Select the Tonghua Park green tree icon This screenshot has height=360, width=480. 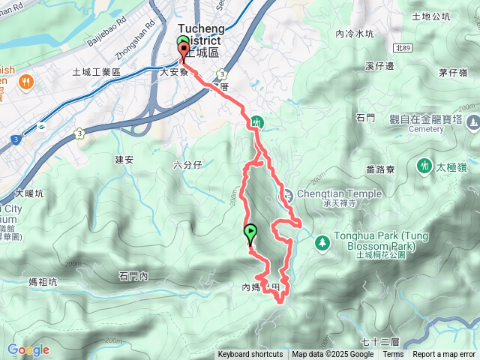pyautogui.click(x=322, y=241)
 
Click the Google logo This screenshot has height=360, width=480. pyautogui.click(x=28, y=349)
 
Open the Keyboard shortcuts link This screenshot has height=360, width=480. pyautogui.click(x=250, y=355)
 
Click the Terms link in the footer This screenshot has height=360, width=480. pyautogui.click(x=393, y=355)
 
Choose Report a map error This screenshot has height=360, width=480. pyautogui.click(x=445, y=355)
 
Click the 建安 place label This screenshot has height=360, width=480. pyautogui.click(x=124, y=159)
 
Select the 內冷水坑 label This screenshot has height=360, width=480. pyautogui.click(x=355, y=34)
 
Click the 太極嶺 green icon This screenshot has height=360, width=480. pyautogui.click(x=422, y=165)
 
